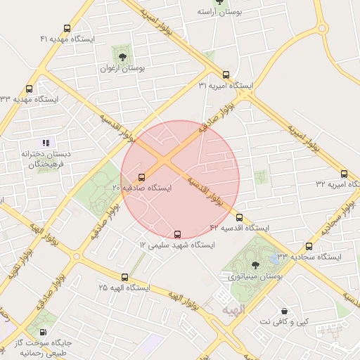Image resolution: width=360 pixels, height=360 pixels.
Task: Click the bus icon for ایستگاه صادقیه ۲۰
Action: click(142, 177)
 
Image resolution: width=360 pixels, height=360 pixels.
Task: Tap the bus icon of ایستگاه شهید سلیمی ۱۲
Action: click(177, 233)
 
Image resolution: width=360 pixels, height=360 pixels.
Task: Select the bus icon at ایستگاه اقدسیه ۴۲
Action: click(239, 217)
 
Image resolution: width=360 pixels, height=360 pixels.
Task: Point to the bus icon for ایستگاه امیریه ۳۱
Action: click(226, 74)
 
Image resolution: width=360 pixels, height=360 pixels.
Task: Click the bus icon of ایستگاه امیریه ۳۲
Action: click(344, 173)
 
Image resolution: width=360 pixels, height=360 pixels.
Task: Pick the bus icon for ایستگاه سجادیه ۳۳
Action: click(309, 246)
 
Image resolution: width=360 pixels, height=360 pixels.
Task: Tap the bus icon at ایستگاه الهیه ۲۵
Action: click(125, 277)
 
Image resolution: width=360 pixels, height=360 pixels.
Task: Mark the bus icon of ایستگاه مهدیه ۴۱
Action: click(67, 28)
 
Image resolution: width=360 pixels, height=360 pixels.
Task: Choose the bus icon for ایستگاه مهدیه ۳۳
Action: click(29, 89)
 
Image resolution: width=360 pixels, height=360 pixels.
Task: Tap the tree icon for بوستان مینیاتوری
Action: click(255, 266)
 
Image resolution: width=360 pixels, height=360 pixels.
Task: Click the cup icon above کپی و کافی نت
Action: click(283, 310)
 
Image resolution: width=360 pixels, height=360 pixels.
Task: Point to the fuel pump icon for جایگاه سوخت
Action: click(44, 332)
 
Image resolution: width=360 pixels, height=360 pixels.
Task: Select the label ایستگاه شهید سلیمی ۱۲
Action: click(172, 245)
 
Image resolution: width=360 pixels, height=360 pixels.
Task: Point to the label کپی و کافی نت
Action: click(283, 321)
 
